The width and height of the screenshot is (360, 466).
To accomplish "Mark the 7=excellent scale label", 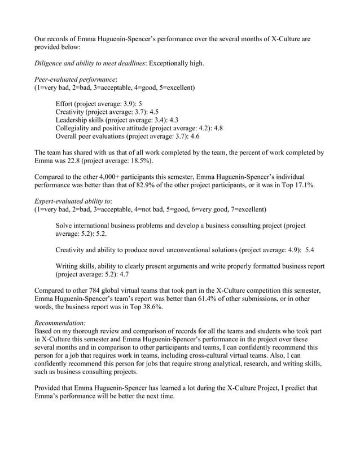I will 245,209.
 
